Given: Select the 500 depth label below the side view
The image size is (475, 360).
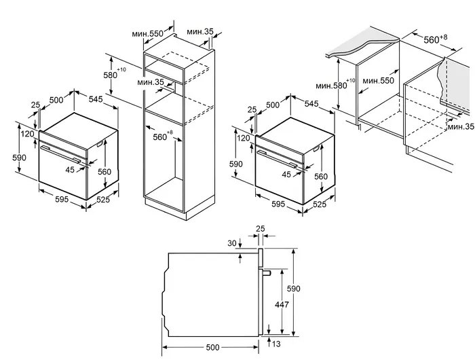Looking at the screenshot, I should tap(212, 348).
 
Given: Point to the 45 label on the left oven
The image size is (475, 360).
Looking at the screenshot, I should tap(70, 170).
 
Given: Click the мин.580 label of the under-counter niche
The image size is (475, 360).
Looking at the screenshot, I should tap(331, 86).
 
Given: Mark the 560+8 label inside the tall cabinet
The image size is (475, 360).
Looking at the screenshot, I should tap(161, 136).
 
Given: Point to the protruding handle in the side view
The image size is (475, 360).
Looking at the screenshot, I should tap(268, 272).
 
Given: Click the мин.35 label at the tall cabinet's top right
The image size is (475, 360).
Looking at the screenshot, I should tap(200, 31).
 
